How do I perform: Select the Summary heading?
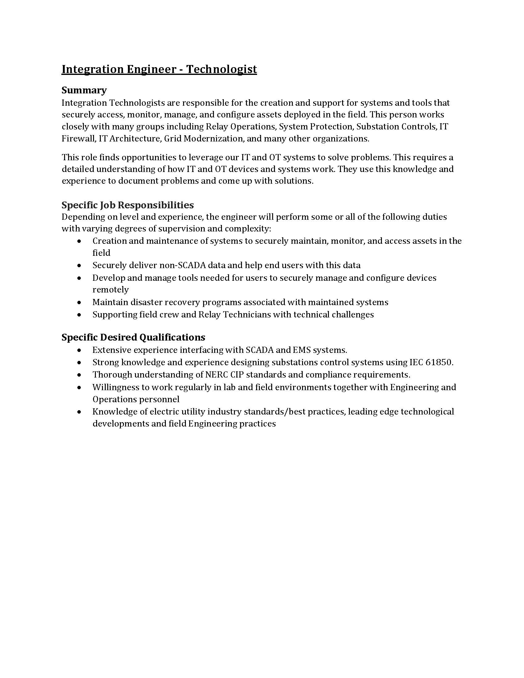(84, 90)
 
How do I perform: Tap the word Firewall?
(79, 138)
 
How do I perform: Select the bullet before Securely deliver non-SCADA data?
(80, 266)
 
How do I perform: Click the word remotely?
(111, 290)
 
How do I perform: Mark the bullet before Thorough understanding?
(80, 375)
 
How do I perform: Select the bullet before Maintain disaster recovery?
(80, 302)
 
